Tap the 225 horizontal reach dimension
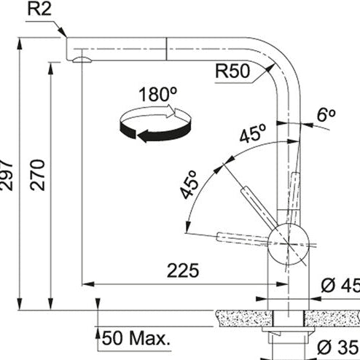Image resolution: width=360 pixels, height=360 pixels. [183, 270]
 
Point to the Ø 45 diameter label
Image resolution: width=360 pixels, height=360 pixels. [340, 286]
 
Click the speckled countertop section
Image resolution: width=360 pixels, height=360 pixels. [240, 317]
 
